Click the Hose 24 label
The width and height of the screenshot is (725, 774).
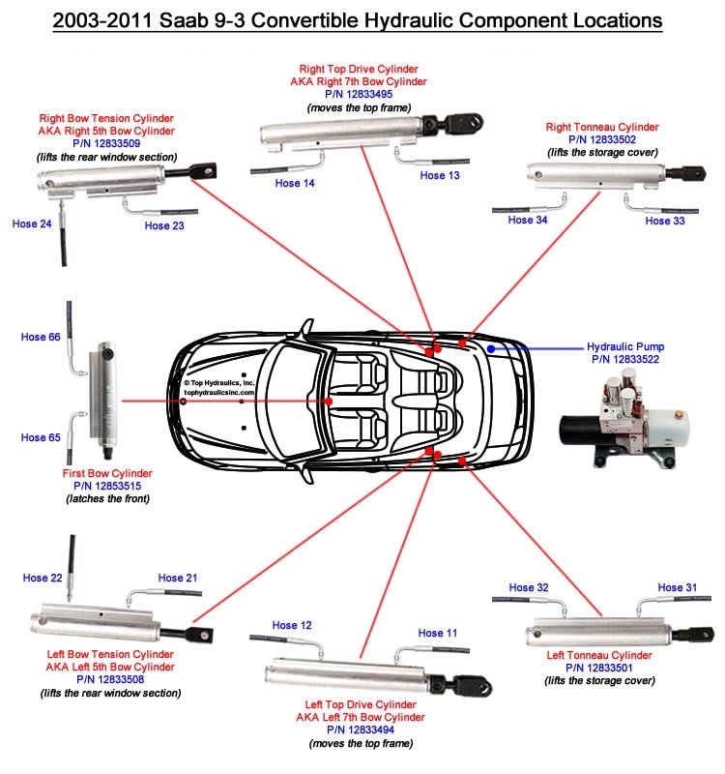pos(32,223)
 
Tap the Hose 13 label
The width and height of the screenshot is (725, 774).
pos(440,175)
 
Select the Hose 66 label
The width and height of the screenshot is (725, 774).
pos(41,337)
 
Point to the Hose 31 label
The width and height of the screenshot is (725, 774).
pos(678,587)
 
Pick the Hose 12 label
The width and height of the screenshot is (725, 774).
pos(292,625)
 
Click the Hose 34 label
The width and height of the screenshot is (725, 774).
pos(528,221)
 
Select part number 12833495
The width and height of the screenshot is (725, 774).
pos(359,95)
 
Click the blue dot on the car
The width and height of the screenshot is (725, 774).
pos(491,347)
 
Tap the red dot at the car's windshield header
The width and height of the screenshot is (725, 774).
pos(329,401)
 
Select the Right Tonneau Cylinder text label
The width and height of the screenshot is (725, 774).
pos(603,127)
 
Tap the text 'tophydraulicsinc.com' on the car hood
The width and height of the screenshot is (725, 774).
pos(219,393)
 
